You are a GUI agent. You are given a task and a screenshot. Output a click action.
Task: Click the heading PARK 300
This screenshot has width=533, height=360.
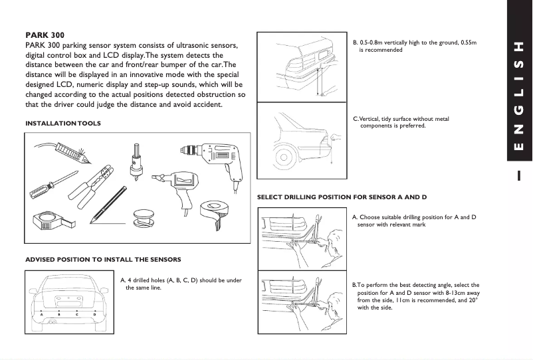click(x=45, y=35)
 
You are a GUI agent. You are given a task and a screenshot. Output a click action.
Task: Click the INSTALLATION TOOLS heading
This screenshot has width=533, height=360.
click(x=63, y=123)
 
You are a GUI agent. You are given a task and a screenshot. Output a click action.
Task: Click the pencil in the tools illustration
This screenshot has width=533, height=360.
click(x=110, y=205)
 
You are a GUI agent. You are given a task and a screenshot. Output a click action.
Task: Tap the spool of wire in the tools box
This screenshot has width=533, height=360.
click(x=142, y=217)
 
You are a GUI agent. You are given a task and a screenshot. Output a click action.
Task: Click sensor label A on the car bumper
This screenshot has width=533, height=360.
click(x=42, y=314)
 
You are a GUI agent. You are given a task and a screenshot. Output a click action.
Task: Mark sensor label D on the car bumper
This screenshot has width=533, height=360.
click(x=94, y=314)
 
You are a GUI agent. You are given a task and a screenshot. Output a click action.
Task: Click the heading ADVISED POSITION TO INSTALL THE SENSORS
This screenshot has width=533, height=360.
click(x=103, y=259)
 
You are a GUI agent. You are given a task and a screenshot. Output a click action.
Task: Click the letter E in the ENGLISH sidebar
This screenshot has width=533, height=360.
click(x=518, y=146)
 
